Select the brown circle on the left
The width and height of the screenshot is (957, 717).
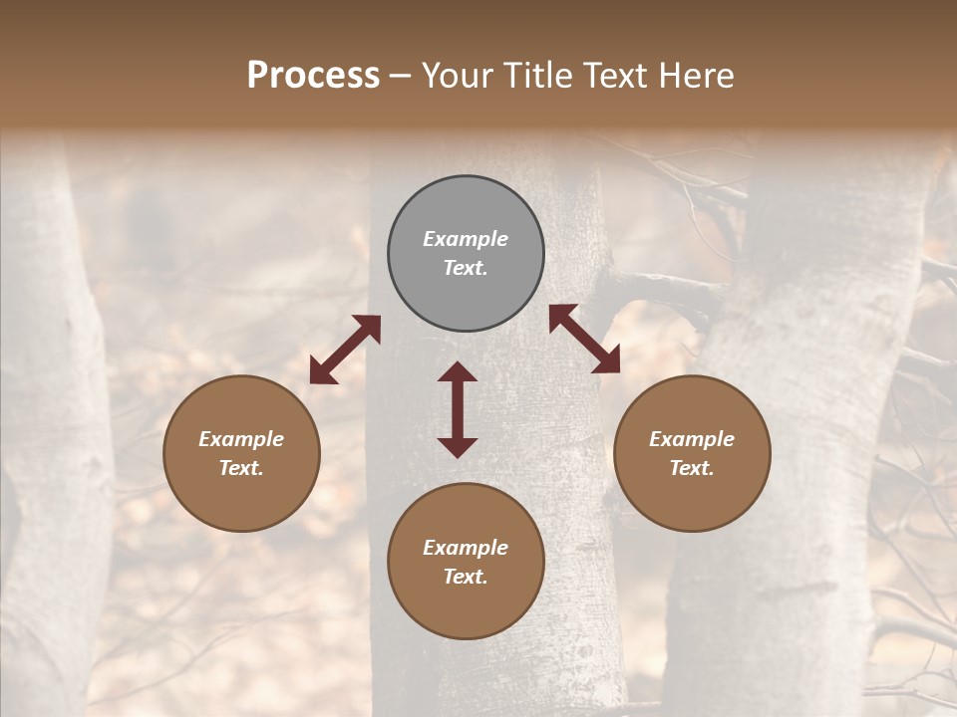click(x=241, y=453)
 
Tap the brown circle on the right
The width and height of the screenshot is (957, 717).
click(x=692, y=453)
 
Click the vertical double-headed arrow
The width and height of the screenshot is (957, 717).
click(x=458, y=409)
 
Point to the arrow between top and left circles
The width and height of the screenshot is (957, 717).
click(x=345, y=350)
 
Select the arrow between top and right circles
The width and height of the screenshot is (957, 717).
click(x=584, y=339)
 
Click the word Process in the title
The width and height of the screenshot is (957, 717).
click(x=313, y=75)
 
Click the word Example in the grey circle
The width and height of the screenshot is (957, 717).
click(x=466, y=239)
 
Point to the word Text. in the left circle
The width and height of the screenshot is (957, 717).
click(x=241, y=468)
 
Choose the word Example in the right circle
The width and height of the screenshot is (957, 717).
click(x=692, y=439)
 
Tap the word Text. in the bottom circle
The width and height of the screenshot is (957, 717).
click(x=466, y=577)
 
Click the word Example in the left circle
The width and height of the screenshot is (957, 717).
click(x=241, y=439)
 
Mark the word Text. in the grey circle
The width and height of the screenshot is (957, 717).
click(x=466, y=268)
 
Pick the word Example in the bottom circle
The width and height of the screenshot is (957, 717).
click(x=466, y=548)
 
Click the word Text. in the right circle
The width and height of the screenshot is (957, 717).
click(x=692, y=468)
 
